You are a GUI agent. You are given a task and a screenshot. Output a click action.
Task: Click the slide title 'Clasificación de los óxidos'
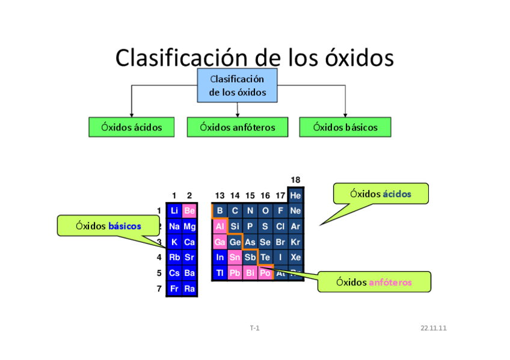254,58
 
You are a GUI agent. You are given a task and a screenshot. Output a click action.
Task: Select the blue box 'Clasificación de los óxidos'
238,85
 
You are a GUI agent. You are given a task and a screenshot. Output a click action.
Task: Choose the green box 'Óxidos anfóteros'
238,127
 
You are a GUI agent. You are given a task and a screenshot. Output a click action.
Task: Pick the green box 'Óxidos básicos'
345,127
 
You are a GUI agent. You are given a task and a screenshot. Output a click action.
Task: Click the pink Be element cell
189,211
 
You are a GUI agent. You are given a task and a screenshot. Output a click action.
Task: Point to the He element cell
295,195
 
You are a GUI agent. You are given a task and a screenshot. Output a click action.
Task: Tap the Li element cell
174,211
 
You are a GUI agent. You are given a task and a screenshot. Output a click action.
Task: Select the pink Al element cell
220,227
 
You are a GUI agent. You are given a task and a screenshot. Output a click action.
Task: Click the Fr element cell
174,288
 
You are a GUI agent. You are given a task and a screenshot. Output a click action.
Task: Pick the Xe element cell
295,257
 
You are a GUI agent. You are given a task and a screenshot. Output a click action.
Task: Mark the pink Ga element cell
220,242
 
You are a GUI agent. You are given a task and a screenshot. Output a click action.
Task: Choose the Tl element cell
220,273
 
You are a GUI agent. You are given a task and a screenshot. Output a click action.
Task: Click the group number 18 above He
295,180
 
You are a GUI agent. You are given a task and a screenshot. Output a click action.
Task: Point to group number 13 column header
220,195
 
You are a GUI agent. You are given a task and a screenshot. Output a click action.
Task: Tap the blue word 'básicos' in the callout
124,226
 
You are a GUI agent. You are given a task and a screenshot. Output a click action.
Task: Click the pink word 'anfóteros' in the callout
390,282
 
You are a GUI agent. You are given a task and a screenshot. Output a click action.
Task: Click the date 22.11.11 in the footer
433,328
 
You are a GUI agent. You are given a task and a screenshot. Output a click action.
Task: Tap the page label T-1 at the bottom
254,328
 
